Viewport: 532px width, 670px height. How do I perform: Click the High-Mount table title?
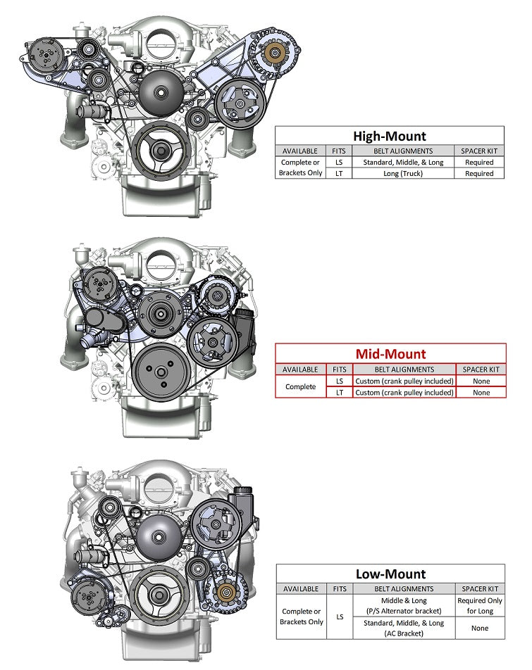[390, 136]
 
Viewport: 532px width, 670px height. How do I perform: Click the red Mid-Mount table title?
[390, 354]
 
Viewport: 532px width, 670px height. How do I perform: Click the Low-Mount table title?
[390, 574]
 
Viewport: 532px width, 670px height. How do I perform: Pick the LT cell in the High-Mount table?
[339, 173]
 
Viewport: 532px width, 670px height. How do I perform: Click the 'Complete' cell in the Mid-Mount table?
[301, 386]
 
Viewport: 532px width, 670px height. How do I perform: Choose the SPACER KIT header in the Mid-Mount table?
[481, 369]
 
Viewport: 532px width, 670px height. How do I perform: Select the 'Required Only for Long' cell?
[481, 605]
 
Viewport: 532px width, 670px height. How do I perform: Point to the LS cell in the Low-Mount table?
[339, 617]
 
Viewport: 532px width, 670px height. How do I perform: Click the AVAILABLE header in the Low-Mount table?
[301, 588]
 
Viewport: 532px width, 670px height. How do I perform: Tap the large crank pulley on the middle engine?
[160, 371]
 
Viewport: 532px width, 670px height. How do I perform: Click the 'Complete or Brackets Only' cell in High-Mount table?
[301, 167]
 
